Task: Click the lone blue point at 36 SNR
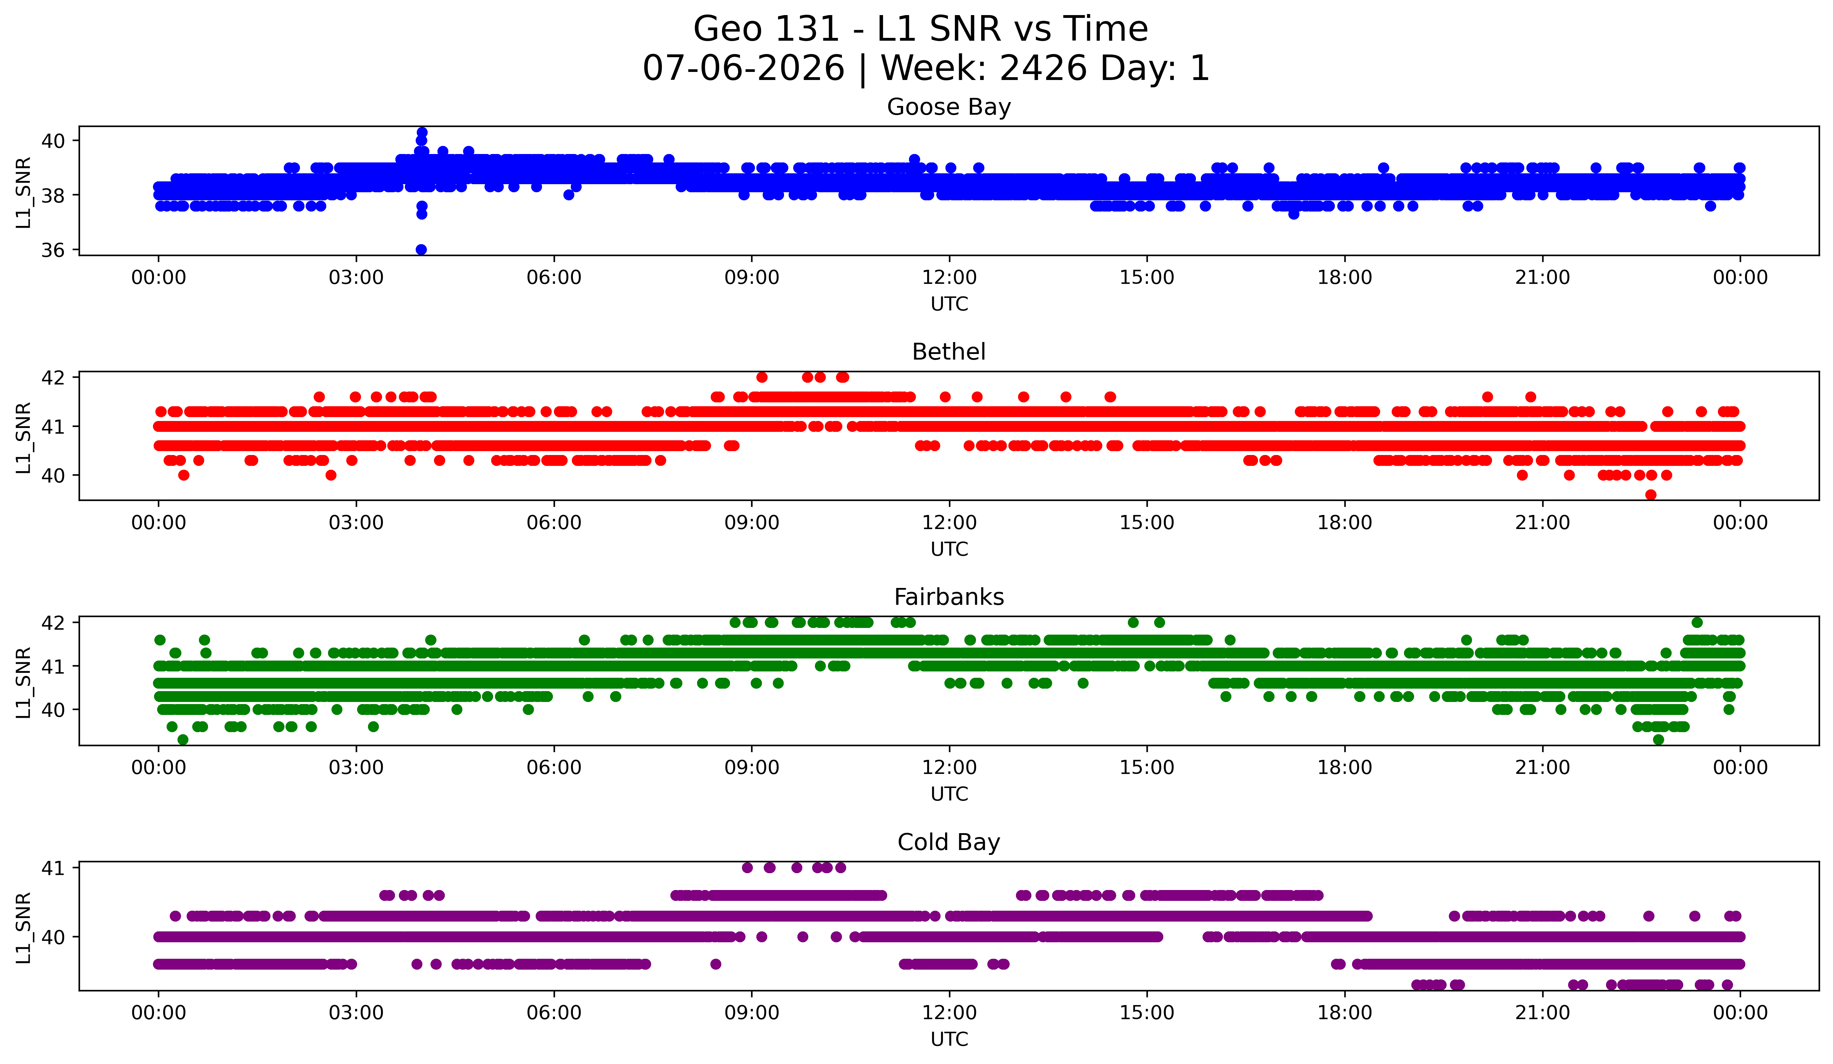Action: click(x=421, y=249)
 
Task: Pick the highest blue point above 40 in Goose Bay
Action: click(x=422, y=132)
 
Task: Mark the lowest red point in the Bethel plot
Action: click(x=1651, y=495)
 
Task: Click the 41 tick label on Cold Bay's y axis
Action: click(x=53, y=868)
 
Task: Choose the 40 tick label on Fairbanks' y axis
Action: click(x=53, y=710)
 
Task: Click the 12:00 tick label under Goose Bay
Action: click(x=949, y=278)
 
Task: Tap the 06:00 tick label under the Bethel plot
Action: click(x=554, y=523)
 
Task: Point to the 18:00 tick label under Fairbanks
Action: click(x=1345, y=768)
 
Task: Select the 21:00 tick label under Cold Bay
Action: click(x=1543, y=1013)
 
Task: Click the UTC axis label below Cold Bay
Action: click(x=949, y=1039)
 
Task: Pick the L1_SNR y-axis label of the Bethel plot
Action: click(x=23, y=438)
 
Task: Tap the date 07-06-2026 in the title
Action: click(x=743, y=68)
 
